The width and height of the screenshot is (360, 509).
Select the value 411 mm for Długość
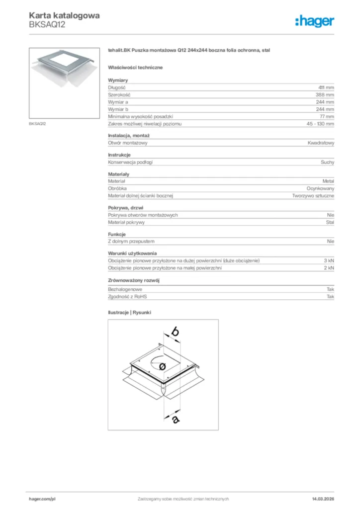pos(326,87)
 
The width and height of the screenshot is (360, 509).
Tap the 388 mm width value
pos(325,94)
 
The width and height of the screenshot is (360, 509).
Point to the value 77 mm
pos(326,116)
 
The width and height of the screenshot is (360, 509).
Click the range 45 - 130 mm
pos(320,123)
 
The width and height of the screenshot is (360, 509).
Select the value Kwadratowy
pos(321,143)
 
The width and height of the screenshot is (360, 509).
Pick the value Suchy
pos(327,162)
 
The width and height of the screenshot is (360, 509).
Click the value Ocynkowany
pos(320,189)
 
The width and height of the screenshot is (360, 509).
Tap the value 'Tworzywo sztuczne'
pos(313,196)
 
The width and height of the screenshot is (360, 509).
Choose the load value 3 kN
pos(329,261)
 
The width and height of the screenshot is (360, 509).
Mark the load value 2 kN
pos(329,268)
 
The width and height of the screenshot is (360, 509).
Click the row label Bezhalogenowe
pos(125,289)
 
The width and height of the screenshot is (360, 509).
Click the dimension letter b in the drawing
pos(175,331)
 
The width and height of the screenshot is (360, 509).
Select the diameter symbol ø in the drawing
pos(162,366)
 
